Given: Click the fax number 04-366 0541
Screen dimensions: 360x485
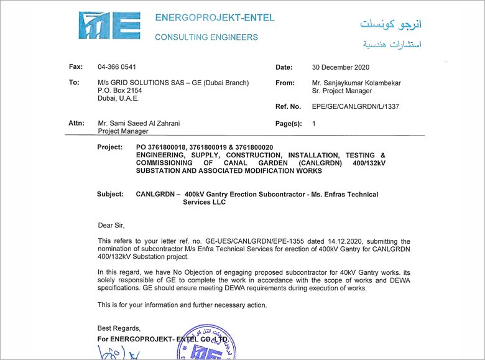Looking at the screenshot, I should pyautogui.click(x=117, y=67).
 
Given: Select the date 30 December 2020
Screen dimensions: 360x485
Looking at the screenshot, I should pyautogui.click(x=341, y=67).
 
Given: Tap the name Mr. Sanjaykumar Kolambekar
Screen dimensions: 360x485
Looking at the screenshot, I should pyautogui.click(x=356, y=83).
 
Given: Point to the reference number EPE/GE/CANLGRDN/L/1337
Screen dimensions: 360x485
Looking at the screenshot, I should pyautogui.click(x=356, y=106).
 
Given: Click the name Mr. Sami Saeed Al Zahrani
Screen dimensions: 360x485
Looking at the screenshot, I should pyautogui.click(x=139, y=123).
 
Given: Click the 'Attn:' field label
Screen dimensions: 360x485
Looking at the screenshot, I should pyautogui.click(x=76, y=123).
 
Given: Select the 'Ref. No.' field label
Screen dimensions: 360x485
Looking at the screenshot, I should pyautogui.click(x=288, y=106).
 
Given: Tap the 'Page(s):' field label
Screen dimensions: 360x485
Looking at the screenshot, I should pyautogui.click(x=289, y=124).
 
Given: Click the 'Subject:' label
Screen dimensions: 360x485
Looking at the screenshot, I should pyautogui.click(x=111, y=195).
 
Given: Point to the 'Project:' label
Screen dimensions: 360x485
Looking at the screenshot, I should pyautogui.click(x=111, y=147).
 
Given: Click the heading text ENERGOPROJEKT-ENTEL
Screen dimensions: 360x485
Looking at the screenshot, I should pyautogui.click(x=215, y=17).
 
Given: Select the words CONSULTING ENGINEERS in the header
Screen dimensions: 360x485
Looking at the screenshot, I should pyautogui.click(x=206, y=37).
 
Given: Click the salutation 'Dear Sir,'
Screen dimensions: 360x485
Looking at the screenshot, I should pyautogui.click(x=112, y=224).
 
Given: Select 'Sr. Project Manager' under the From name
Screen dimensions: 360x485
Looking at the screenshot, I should pyautogui.click(x=343, y=91).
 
